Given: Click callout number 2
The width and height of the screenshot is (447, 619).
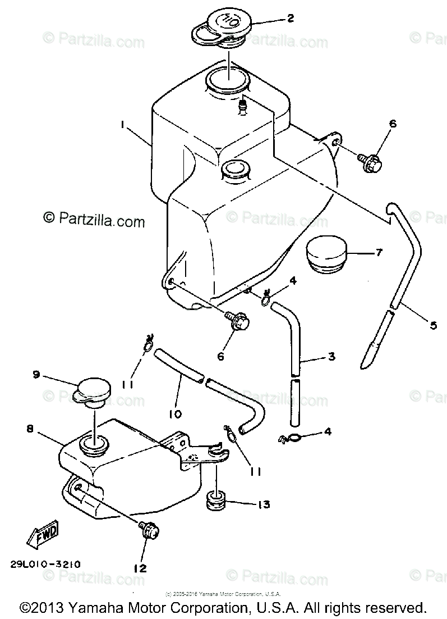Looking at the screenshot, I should (x=290, y=19).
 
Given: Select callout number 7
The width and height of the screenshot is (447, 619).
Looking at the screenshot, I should (x=379, y=253).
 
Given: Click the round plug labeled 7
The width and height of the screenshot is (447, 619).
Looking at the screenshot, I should (x=326, y=256).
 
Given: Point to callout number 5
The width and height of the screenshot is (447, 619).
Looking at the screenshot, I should (x=432, y=324).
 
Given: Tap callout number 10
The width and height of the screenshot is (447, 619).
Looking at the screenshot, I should (x=174, y=414).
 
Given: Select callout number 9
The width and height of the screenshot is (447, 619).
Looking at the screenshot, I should (x=36, y=375).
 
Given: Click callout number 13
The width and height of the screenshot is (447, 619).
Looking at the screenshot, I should (x=263, y=504).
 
